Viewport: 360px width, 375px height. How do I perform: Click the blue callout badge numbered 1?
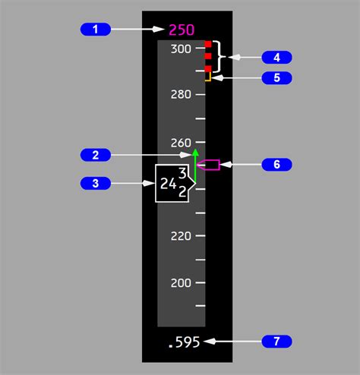pos(96,30)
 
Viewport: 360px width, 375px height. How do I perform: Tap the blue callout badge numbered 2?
pos(96,155)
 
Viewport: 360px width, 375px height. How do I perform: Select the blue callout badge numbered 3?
pos(96,183)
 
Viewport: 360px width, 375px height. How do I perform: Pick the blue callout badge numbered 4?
pos(276,58)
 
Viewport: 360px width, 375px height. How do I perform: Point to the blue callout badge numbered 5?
pos(276,77)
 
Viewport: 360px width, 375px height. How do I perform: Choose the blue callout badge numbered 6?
pos(276,165)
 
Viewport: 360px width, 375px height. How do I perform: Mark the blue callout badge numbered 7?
pos(276,342)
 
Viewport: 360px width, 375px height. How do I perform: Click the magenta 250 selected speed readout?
pos(182,30)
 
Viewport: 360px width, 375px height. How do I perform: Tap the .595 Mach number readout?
pos(185,342)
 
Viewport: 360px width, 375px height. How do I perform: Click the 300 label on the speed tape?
pos(181,49)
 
